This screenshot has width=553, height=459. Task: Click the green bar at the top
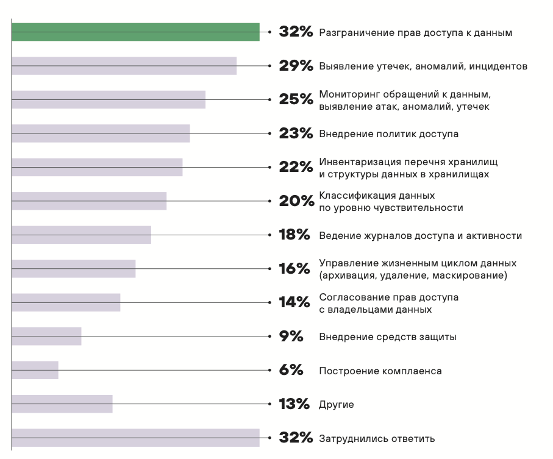click(x=135, y=32)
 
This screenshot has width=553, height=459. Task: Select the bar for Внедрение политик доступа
click(x=101, y=133)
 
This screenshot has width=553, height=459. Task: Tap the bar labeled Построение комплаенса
click(x=35, y=370)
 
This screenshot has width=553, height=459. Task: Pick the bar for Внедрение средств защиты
click(x=46, y=336)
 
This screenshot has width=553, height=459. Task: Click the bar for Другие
click(x=62, y=404)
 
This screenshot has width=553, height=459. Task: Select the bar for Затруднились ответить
click(x=135, y=438)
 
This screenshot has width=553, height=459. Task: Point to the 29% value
click(x=296, y=66)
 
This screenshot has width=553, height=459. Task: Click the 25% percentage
click(x=296, y=99)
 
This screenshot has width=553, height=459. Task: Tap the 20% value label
click(x=296, y=201)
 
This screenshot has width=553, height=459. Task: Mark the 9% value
click(x=291, y=336)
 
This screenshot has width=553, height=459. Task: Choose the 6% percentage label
click(x=291, y=370)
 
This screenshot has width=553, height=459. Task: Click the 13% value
click(x=294, y=404)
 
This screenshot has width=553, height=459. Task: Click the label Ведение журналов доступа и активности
click(x=420, y=235)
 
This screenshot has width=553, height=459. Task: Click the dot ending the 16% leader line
click(x=269, y=269)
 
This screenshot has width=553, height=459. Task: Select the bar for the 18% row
click(x=81, y=235)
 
